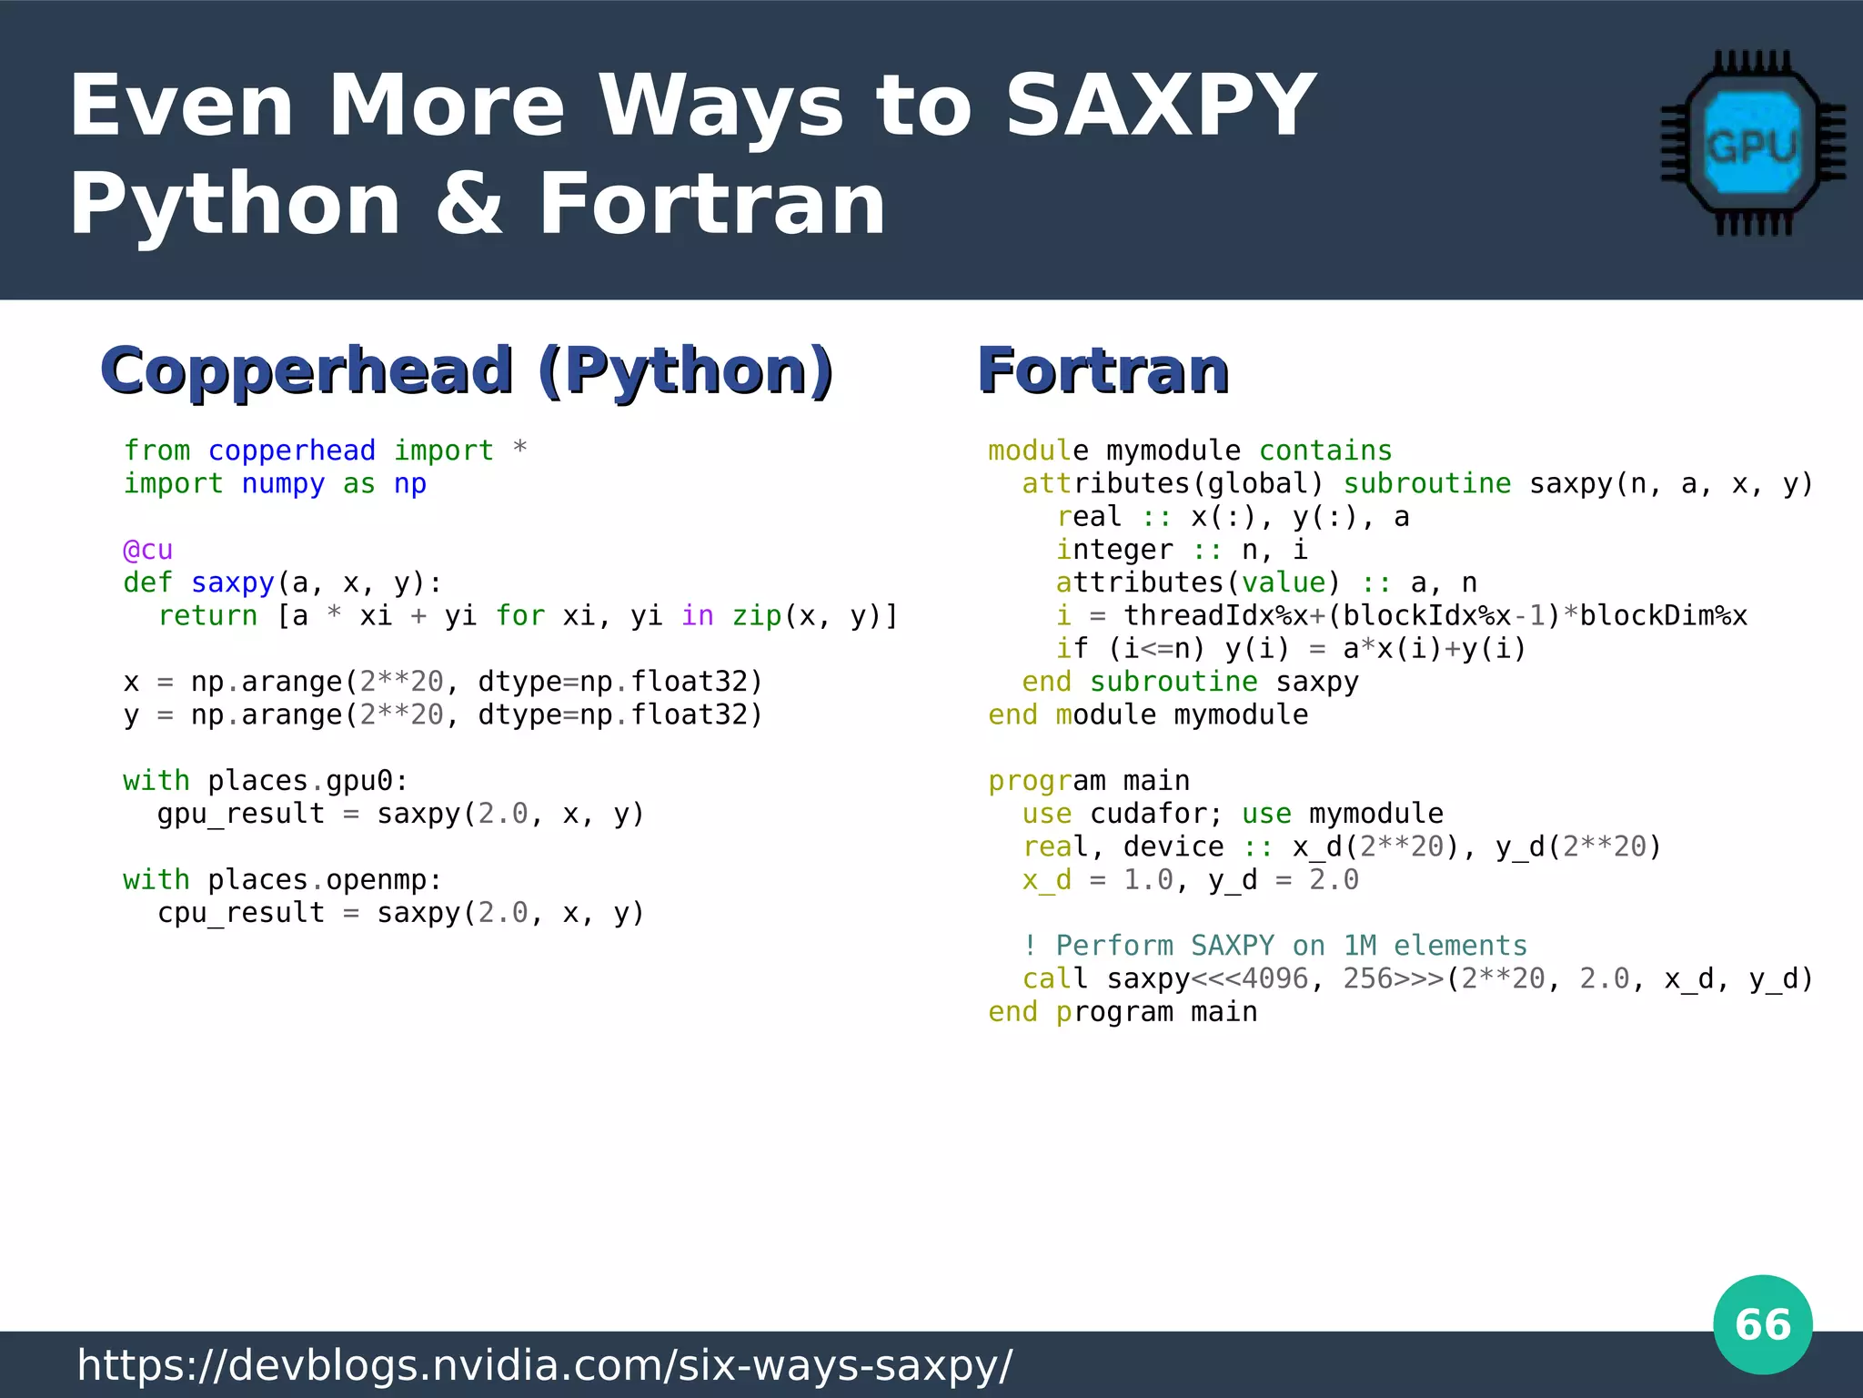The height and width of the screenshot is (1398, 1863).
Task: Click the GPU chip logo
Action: coord(1752,144)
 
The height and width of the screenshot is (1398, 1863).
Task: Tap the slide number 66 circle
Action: coord(1762,1324)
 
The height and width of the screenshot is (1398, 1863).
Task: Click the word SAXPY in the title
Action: coord(1160,106)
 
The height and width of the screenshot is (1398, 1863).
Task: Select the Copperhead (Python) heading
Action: coord(467,370)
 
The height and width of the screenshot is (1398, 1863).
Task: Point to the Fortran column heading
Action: coord(1103,370)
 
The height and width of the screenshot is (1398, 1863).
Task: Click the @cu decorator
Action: coord(147,550)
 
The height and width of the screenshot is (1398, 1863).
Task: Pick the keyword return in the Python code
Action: coord(207,616)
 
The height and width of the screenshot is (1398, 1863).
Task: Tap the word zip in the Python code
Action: coord(757,616)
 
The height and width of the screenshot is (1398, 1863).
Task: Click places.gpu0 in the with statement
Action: coord(300,781)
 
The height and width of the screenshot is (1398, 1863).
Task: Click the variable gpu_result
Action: coord(240,814)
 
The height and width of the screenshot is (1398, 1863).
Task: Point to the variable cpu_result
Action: coord(240,913)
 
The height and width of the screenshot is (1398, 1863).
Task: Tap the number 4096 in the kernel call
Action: coord(1274,978)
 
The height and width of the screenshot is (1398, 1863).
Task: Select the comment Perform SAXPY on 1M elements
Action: coord(1274,946)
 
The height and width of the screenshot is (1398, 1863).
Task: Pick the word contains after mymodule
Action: coord(1325,451)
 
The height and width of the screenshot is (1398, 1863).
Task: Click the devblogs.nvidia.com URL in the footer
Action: coord(544,1365)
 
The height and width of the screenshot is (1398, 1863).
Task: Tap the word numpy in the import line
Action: coord(283,483)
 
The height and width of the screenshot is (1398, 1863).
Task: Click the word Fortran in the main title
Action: coord(711,205)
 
